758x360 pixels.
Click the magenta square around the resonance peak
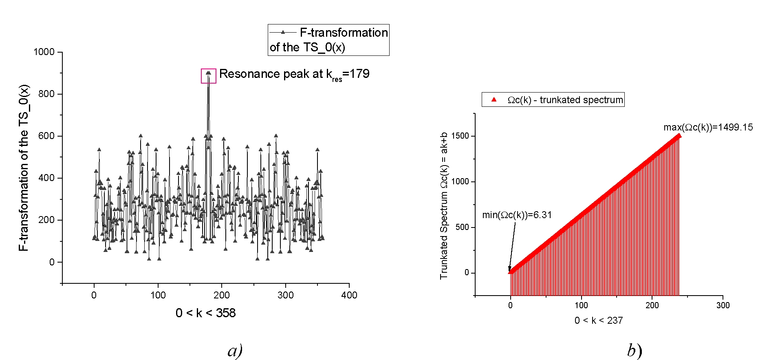(208, 76)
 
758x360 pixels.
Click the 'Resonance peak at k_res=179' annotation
(294, 74)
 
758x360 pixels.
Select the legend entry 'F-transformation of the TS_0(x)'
(328, 40)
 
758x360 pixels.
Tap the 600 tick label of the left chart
(46, 136)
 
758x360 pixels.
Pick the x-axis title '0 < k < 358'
(205, 313)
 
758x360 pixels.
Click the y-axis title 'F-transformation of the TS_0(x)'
(24, 168)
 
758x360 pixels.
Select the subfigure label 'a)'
(235, 351)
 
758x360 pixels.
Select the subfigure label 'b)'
(634, 351)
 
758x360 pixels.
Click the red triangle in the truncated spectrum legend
(494, 99)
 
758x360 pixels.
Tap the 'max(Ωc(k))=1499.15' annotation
(708, 127)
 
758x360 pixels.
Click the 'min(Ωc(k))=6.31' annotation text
(517, 215)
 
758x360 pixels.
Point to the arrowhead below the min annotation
(509, 269)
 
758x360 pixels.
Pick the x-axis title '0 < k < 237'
(598, 320)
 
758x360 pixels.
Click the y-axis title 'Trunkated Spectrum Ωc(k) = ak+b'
(444, 205)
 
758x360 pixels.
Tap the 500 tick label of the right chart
(463, 227)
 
